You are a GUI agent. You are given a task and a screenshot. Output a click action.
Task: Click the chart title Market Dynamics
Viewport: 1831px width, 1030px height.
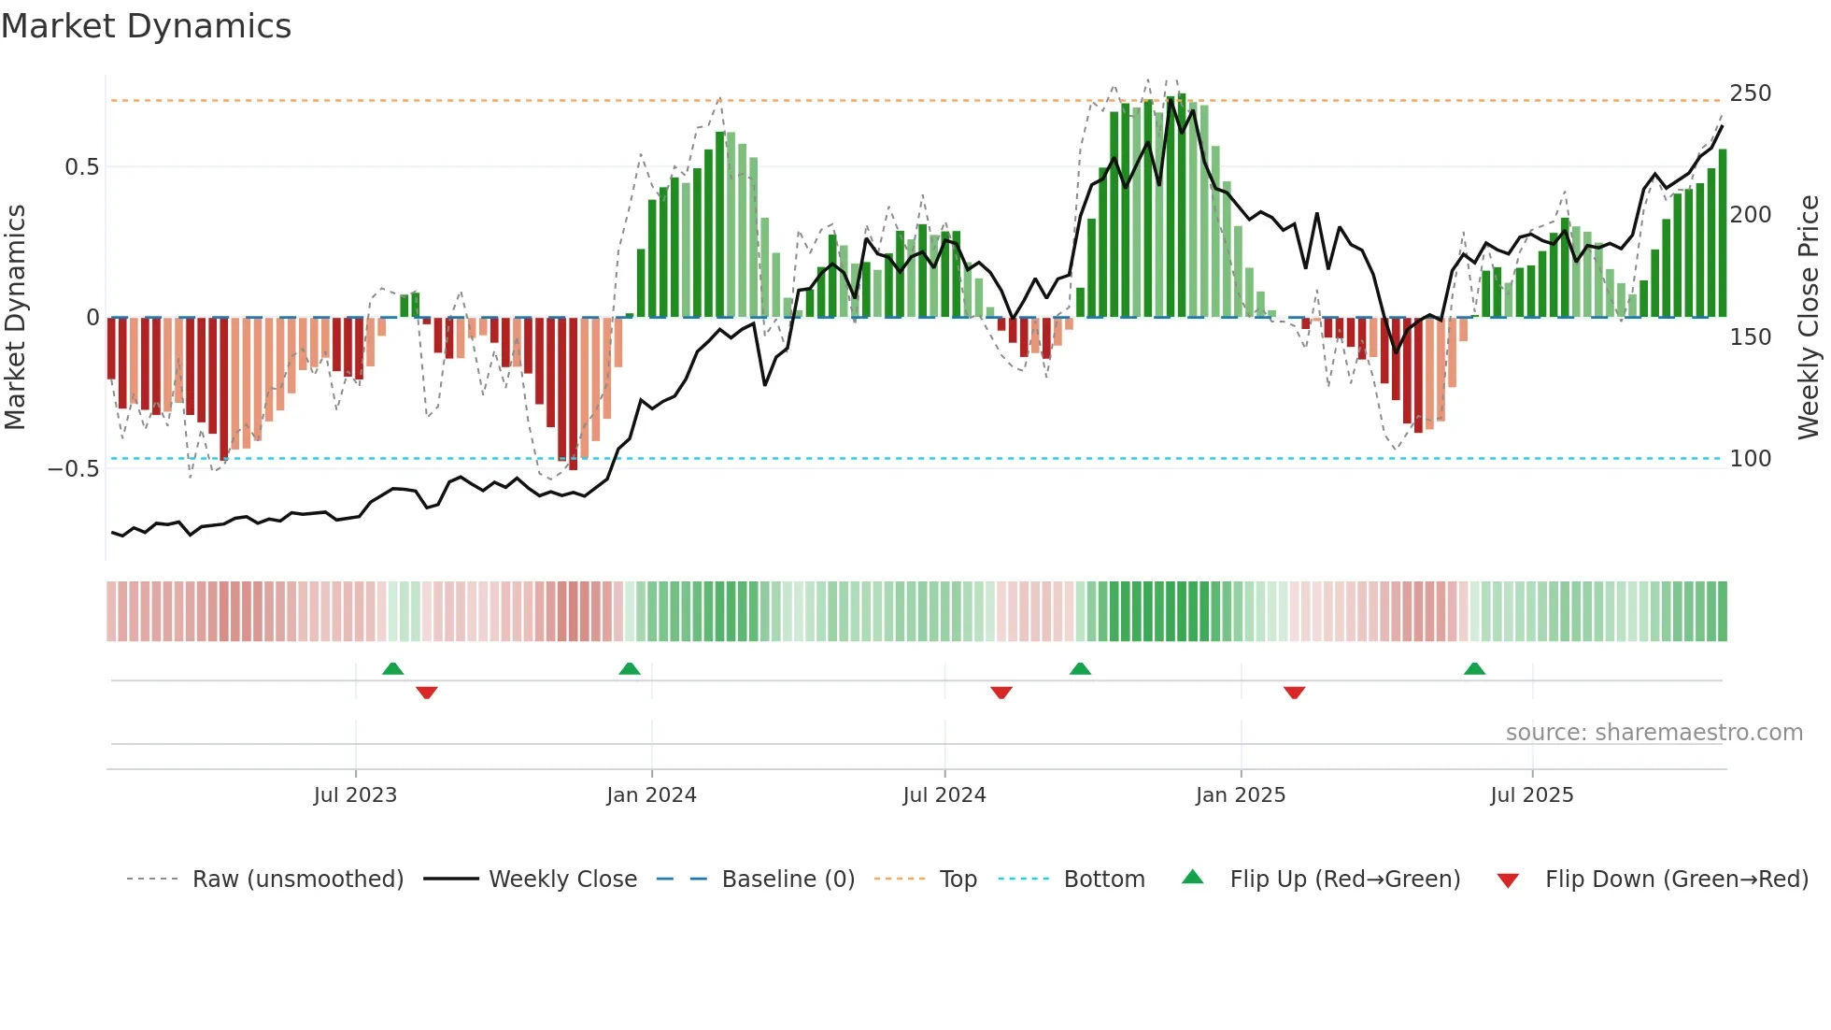pyautogui.click(x=146, y=26)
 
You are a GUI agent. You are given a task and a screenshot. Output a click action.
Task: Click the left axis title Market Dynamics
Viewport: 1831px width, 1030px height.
pyautogui.click(x=15, y=317)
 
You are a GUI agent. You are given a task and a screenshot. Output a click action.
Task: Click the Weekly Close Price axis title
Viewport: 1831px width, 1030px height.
pyautogui.click(x=1809, y=317)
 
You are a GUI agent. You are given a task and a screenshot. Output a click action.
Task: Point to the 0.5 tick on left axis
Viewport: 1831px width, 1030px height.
pyautogui.click(x=81, y=167)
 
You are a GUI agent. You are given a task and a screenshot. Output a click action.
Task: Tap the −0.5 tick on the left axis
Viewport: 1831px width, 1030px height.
pyautogui.click(x=74, y=468)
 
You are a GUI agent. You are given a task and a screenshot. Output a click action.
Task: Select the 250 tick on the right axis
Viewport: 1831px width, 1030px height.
pyautogui.click(x=1750, y=93)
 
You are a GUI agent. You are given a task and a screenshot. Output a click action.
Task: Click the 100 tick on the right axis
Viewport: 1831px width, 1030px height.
pyautogui.click(x=1750, y=459)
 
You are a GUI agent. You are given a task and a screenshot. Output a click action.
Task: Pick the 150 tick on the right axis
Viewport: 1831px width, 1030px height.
pyautogui.click(x=1750, y=337)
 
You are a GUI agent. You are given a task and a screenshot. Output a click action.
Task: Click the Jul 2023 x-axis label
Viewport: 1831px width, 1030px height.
pyautogui.click(x=355, y=795)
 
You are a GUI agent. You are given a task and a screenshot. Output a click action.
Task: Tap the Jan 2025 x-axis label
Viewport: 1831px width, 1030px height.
pyautogui.click(x=1240, y=795)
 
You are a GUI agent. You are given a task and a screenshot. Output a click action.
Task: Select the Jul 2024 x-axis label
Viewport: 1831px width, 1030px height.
pyautogui.click(x=944, y=795)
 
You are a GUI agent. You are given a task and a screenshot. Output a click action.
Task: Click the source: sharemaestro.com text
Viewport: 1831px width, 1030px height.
pyautogui.click(x=1654, y=733)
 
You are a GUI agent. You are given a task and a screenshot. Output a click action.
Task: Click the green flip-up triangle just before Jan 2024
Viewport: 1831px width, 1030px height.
pyautogui.click(x=630, y=669)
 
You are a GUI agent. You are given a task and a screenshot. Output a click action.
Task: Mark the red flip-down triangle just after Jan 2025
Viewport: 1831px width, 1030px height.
pyautogui.click(x=1294, y=693)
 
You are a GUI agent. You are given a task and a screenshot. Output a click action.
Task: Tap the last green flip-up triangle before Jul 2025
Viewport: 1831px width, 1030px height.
pyautogui.click(x=1474, y=669)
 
